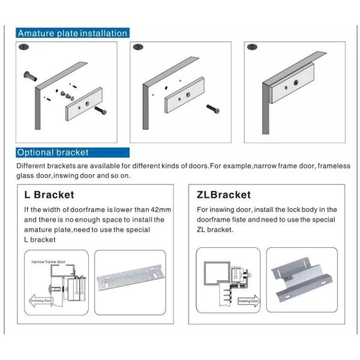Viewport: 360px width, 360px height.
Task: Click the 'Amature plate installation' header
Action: [72, 33]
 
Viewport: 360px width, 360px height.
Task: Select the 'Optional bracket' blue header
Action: [53, 152]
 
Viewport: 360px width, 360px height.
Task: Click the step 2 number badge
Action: [138, 47]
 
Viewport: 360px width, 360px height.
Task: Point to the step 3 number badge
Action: [252, 47]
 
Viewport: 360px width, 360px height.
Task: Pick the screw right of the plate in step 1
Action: [101, 111]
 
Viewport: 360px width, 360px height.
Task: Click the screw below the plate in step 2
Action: [213, 109]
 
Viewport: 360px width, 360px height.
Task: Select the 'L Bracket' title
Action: [49, 195]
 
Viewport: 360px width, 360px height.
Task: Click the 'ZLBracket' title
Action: [224, 195]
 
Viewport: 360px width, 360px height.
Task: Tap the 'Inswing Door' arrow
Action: [248, 301]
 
